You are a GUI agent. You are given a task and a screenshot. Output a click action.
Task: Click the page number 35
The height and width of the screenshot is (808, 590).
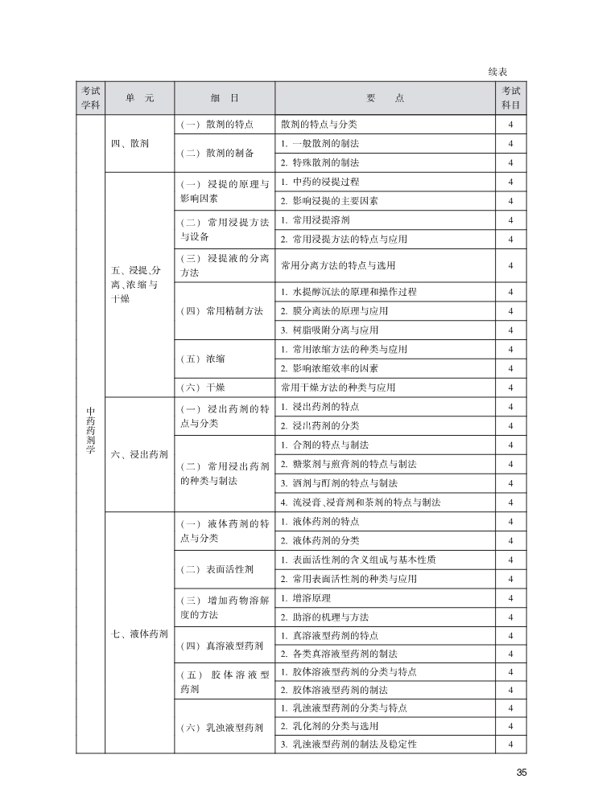(521, 773)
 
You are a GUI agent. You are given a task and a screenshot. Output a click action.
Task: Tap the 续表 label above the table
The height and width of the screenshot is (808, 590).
(497, 72)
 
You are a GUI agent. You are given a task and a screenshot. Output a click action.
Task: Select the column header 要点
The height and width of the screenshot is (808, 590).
(385, 98)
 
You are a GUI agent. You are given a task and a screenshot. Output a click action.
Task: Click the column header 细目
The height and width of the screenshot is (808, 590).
(225, 98)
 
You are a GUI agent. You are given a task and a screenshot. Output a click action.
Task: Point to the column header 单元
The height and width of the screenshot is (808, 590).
(139, 98)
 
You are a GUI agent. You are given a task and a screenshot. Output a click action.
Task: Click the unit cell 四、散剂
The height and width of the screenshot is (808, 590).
(130, 143)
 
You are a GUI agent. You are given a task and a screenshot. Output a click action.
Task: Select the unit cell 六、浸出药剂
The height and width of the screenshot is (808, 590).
(139, 454)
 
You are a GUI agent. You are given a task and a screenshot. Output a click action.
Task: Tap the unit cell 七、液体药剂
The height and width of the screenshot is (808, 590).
(139, 634)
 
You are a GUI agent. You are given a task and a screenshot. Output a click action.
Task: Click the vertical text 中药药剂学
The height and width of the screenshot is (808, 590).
(91, 430)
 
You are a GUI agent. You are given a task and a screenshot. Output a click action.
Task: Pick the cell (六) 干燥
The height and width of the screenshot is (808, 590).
(203, 387)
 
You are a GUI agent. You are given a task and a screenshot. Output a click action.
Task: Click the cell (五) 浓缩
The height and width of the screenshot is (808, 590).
(203, 359)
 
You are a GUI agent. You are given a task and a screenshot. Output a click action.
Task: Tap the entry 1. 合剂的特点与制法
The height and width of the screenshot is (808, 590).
(324, 445)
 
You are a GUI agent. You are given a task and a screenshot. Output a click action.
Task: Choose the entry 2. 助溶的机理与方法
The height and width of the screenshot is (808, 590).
(324, 617)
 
